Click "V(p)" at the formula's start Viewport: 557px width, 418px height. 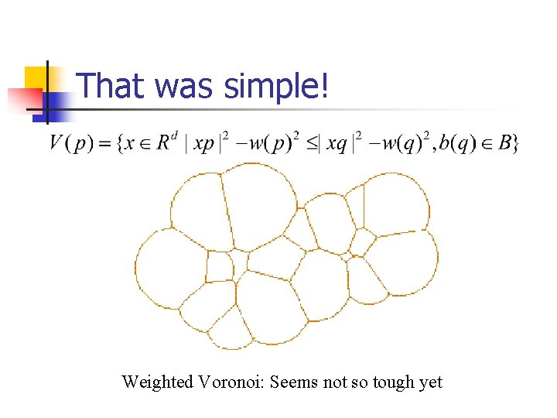[x=69, y=144]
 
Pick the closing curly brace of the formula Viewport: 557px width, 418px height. [x=515, y=144]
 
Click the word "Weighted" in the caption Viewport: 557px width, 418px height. [x=157, y=382]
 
